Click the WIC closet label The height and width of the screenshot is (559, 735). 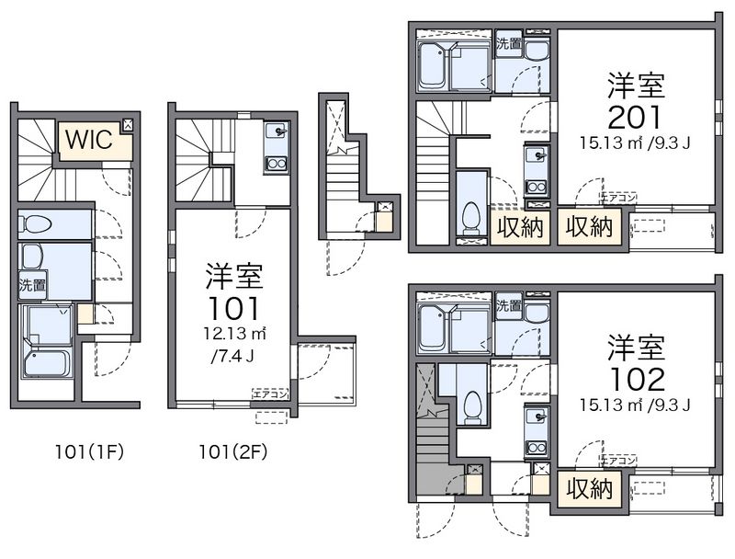(x=88, y=141)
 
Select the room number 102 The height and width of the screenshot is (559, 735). (x=634, y=379)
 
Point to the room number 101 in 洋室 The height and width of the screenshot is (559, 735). (x=233, y=306)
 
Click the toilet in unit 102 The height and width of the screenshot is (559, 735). (x=471, y=405)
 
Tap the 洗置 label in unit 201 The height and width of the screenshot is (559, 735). (x=508, y=43)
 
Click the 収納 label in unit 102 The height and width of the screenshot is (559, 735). (x=589, y=488)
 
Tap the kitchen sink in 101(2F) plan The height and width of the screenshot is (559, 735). (x=277, y=139)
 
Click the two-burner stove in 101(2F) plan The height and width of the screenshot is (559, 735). (x=277, y=164)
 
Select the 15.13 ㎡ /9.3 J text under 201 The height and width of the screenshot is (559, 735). (x=634, y=143)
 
